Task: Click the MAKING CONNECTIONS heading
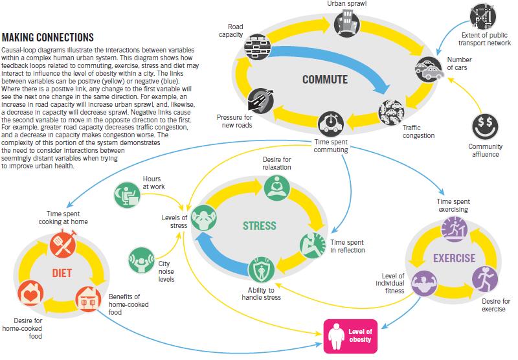tap(48, 38)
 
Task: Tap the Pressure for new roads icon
tap(261, 100)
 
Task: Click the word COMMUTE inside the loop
tap(325, 80)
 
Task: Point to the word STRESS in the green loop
tap(259, 226)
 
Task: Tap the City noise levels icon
tap(142, 258)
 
